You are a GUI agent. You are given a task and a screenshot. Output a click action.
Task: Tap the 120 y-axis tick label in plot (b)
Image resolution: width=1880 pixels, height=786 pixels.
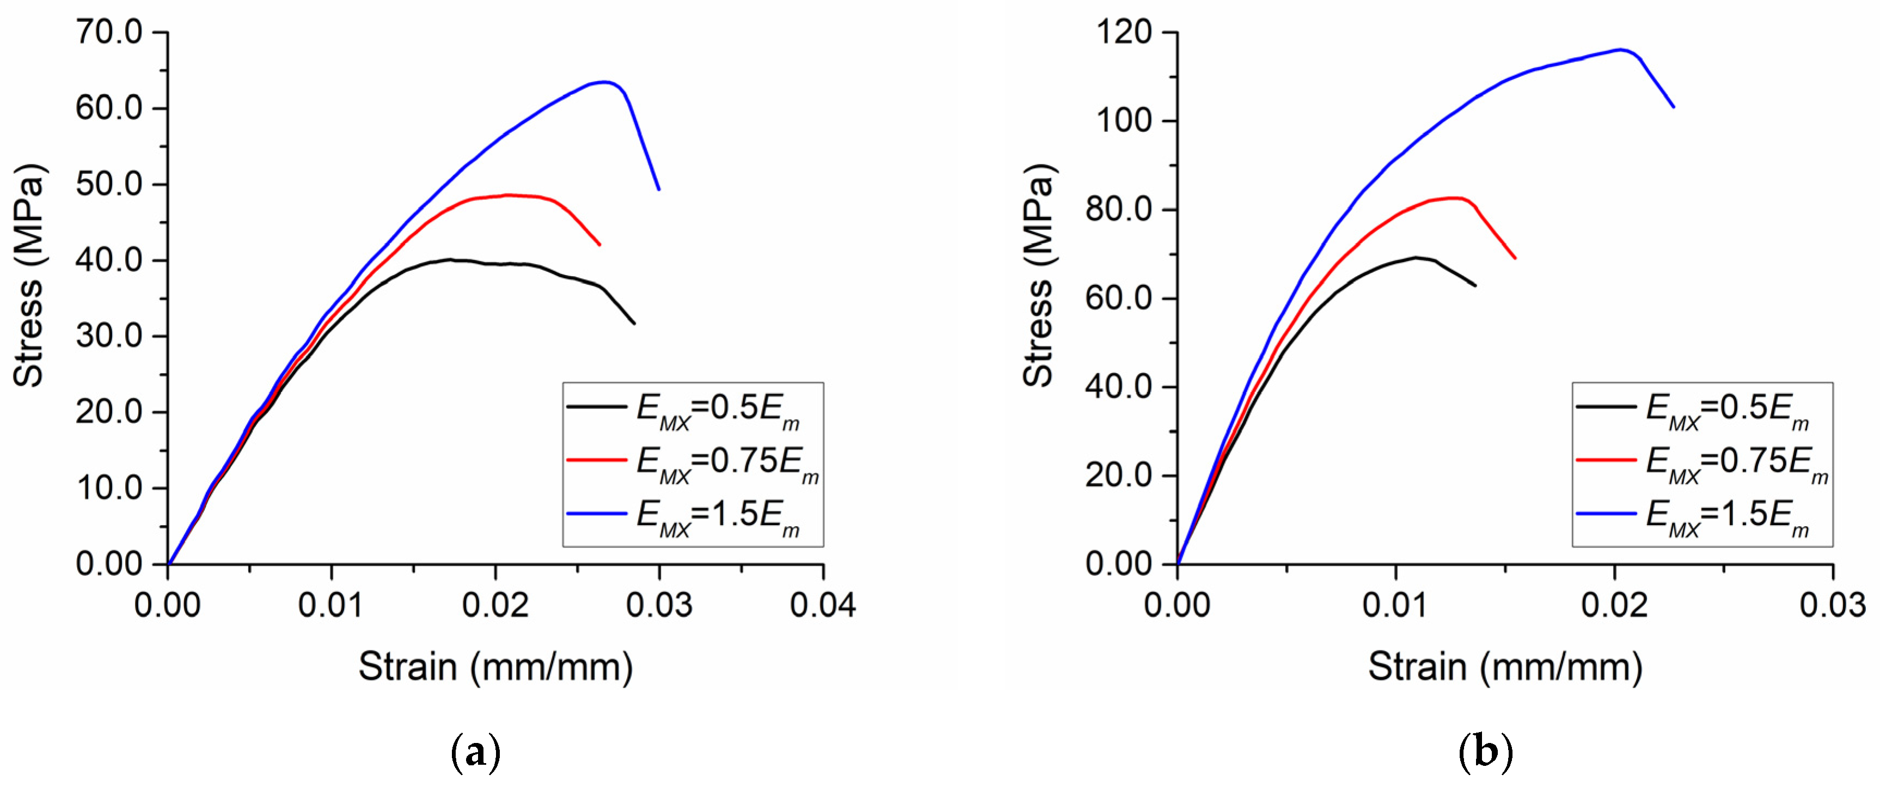[x=1124, y=32]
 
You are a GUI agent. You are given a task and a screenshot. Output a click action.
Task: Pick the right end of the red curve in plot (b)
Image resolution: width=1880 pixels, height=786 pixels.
[x=1515, y=258]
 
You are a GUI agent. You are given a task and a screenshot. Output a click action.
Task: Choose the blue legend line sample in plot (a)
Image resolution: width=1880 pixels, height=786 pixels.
[x=596, y=514]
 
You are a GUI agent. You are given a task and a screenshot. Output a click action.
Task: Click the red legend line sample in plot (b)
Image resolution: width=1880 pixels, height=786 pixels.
[x=1606, y=460]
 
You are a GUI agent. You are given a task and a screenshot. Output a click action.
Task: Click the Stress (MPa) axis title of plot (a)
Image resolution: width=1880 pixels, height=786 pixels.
[x=29, y=276]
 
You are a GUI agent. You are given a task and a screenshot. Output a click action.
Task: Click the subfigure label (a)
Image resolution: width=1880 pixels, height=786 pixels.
[x=476, y=752]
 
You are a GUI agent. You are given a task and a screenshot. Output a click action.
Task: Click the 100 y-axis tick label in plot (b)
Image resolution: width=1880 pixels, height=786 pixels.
[x=1124, y=120]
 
